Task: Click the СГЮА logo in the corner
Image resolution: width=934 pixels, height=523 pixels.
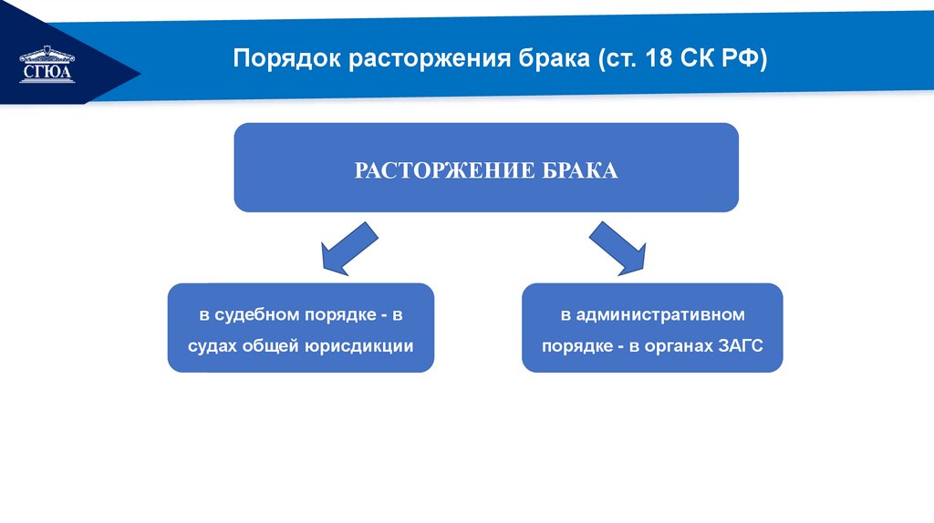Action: (x=47, y=65)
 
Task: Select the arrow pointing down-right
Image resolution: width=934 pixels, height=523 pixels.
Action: (x=618, y=248)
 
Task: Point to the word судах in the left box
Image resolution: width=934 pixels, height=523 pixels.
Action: (x=211, y=346)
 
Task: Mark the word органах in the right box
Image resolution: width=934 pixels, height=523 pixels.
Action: (x=674, y=346)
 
